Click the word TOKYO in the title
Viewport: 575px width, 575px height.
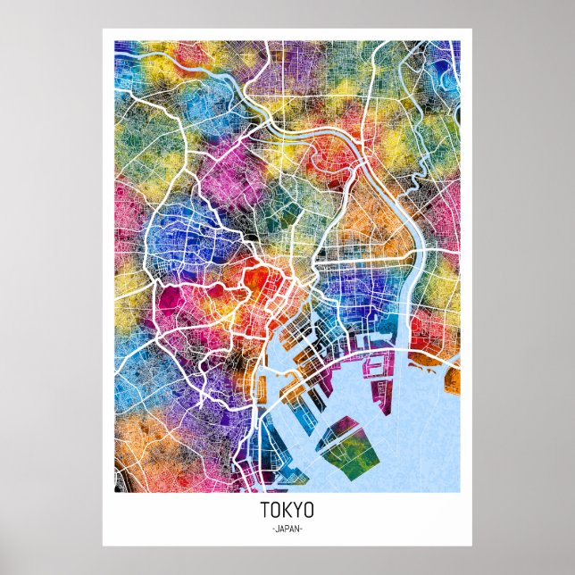click(287, 512)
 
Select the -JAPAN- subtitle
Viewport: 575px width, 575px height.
click(287, 529)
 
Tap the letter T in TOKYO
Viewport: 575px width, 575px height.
click(265, 512)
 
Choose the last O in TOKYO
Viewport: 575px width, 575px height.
click(309, 512)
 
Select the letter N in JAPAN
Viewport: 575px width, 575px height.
click(298, 529)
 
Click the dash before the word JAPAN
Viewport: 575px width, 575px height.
click(271, 529)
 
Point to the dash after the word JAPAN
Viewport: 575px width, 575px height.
click(303, 529)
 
